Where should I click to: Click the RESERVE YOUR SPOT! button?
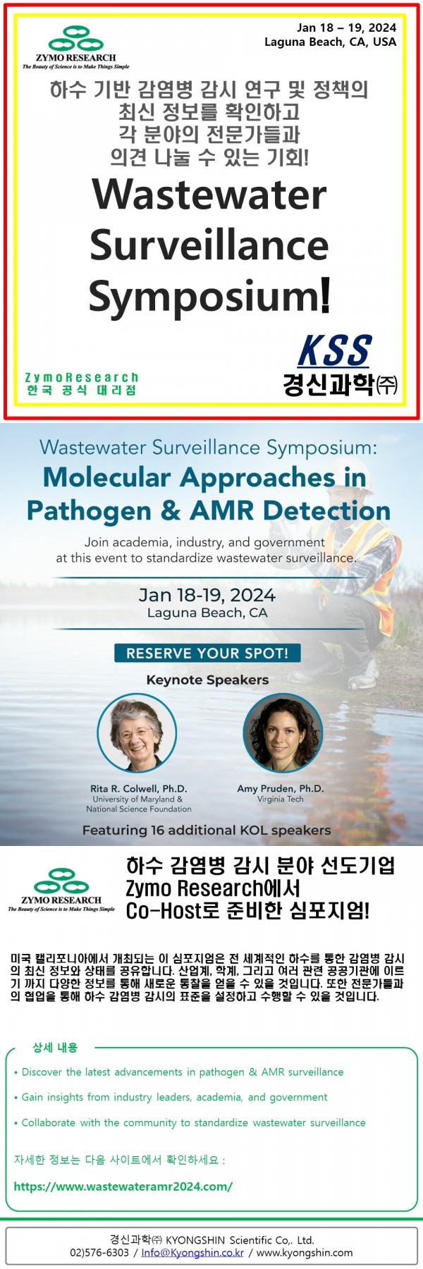click(x=207, y=653)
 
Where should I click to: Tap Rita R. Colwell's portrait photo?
click(x=137, y=733)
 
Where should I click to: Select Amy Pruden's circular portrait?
click(x=283, y=733)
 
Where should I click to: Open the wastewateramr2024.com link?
click(x=123, y=1186)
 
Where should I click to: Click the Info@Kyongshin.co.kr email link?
click(x=192, y=1253)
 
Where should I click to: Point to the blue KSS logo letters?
click(x=334, y=350)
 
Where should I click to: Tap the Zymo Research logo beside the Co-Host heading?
click(x=61, y=890)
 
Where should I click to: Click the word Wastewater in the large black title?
click(x=209, y=195)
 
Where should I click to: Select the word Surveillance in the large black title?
click(x=209, y=245)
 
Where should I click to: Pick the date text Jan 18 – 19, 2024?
click(x=347, y=27)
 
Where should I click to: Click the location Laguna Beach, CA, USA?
click(x=331, y=42)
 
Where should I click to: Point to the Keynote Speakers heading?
click(x=207, y=680)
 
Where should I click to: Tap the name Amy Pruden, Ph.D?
click(x=281, y=788)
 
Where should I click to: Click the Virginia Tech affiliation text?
click(x=281, y=799)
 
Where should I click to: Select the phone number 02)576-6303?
click(x=99, y=1253)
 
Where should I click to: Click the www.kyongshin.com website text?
click(x=305, y=1253)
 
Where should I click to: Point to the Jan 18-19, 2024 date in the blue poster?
click(x=207, y=595)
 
